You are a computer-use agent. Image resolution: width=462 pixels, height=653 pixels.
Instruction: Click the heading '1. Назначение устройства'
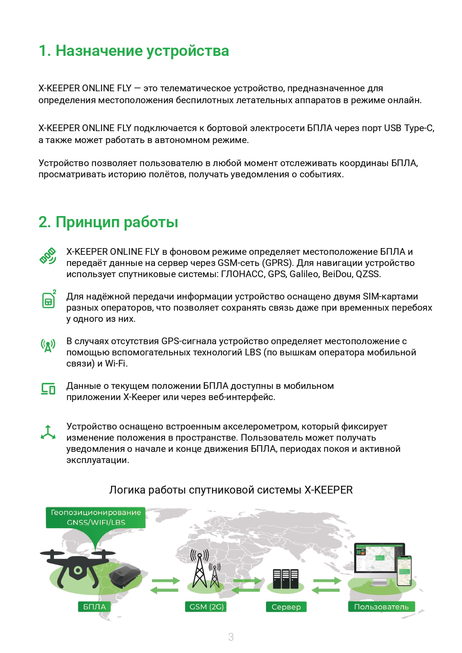[x=134, y=51]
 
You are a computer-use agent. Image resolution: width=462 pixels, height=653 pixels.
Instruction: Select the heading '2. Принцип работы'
[x=108, y=222]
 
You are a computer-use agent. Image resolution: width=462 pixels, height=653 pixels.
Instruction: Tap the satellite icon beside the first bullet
[x=48, y=256]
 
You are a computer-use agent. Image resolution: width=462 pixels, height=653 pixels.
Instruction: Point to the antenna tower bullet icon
[x=48, y=345]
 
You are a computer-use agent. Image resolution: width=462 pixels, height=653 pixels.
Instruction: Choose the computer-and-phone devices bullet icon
[x=48, y=389]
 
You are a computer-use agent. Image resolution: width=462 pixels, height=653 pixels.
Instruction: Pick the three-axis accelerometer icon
[x=48, y=432]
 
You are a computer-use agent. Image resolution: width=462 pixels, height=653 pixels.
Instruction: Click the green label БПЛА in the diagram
[x=94, y=607]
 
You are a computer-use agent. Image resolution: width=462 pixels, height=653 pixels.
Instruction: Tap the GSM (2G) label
[x=206, y=607]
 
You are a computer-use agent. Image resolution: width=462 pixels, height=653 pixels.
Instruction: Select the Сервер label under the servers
[x=286, y=607]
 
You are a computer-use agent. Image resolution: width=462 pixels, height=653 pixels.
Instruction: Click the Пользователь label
[x=381, y=607]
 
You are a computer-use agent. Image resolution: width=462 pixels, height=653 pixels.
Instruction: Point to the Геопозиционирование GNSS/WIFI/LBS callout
[x=95, y=517]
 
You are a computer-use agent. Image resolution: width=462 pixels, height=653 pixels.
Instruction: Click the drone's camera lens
[x=77, y=570]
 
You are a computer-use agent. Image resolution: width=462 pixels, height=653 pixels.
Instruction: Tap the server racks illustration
[x=285, y=579]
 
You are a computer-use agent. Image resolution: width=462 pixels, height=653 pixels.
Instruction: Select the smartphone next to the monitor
[x=405, y=570]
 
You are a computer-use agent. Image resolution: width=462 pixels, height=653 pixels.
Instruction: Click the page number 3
[x=231, y=637]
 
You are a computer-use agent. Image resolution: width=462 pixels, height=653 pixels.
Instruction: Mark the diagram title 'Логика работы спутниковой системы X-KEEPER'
[x=231, y=490]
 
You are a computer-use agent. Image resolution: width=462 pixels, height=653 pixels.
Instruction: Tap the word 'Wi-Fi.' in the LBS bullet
[x=116, y=364]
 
